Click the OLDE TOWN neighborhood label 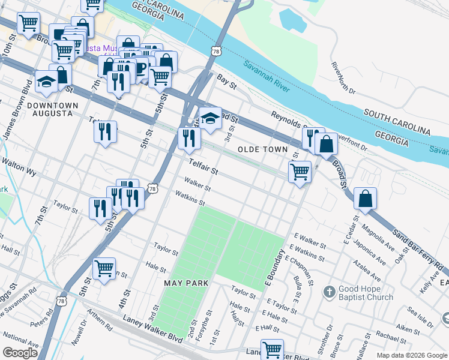point(263,149)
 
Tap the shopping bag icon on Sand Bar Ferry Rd point(365,199)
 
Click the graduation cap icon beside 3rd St point(210,118)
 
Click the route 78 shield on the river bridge point(215,52)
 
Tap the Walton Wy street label point(19,167)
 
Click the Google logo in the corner point(20,353)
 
